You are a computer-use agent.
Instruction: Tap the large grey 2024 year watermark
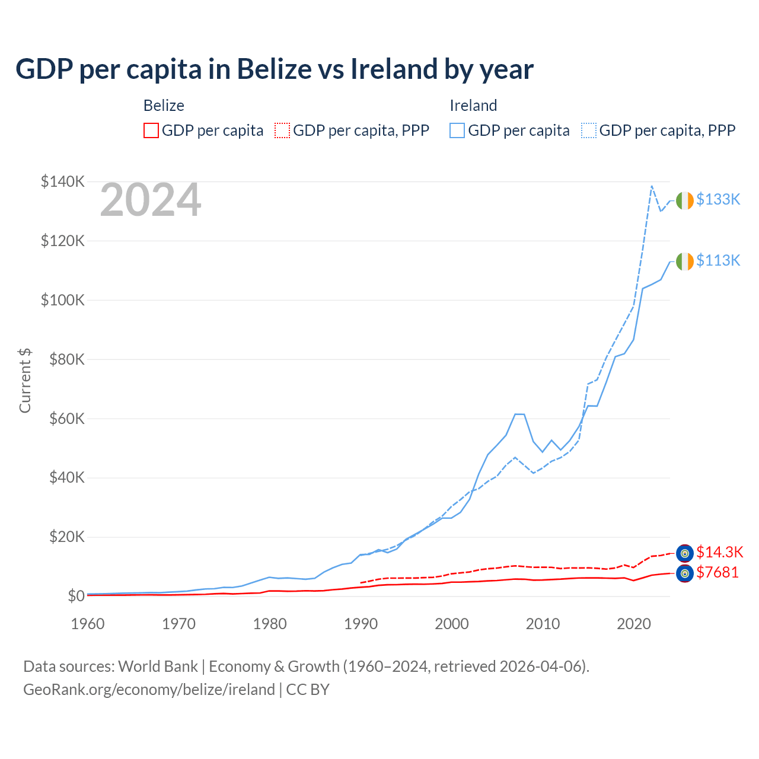151,200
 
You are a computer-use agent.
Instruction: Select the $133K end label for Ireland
718,199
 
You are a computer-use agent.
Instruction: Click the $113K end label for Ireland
718,260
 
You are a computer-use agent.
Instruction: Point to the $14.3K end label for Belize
719,552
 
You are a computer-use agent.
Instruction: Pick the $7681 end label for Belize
717,572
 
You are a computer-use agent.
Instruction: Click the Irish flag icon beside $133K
684,200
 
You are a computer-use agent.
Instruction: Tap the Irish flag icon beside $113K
684,261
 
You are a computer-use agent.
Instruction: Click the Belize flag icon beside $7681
684,573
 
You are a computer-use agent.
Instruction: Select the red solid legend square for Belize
151,130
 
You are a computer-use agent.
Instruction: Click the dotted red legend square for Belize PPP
282,130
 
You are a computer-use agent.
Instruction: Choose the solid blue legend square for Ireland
457,130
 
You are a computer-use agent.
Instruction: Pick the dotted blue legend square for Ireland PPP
589,130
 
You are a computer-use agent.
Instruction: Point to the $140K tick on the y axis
62,181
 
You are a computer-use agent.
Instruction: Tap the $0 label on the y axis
76,596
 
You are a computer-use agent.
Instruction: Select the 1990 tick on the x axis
361,624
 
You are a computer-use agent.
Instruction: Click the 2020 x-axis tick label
634,624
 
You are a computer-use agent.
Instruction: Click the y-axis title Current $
25,381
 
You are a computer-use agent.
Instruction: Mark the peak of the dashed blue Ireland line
652,186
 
